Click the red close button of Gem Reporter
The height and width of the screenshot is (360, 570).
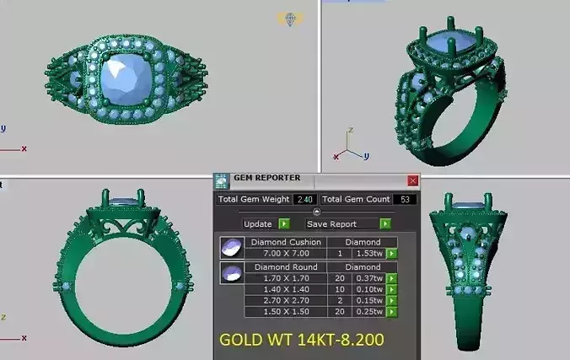(412, 180)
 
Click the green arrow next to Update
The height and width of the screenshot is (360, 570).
(284, 224)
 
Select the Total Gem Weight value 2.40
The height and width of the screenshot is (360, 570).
(304, 200)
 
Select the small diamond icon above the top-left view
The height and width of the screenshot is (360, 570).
(291, 19)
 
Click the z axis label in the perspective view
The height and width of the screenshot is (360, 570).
(349, 131)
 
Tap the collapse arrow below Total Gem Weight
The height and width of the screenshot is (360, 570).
(316, 212)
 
